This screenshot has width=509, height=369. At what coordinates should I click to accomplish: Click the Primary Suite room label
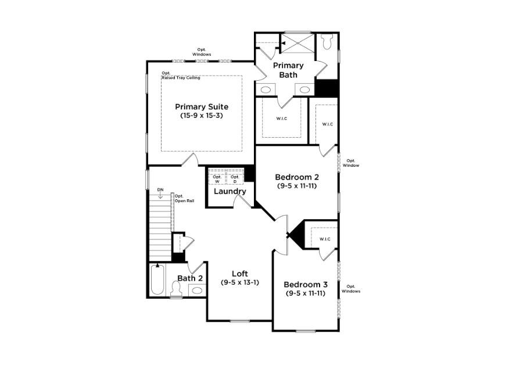202,107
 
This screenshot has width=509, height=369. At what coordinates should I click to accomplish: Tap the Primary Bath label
288,70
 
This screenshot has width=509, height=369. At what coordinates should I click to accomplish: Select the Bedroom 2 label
297,177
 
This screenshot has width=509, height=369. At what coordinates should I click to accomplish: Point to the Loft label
240,273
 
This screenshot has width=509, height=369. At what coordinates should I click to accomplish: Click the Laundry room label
230,191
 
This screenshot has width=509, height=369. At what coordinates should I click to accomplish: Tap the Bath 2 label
190,278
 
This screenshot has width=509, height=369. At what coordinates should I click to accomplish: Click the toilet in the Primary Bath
327,42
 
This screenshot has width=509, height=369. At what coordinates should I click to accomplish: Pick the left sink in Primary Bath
266,89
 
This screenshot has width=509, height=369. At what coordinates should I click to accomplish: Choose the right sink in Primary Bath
304,89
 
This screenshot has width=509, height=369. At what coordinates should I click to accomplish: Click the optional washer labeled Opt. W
217,178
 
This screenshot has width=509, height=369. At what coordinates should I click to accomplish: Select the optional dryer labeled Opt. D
235,178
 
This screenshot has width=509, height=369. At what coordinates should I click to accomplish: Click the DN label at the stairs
160,189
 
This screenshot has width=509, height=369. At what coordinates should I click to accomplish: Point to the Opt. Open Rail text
183,198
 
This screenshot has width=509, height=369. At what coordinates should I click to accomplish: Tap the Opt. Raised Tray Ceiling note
181,76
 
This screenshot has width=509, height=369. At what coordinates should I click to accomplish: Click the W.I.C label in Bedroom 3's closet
324,239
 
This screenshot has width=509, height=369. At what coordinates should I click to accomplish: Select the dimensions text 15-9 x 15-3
202,116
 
